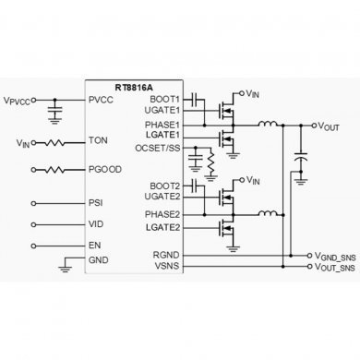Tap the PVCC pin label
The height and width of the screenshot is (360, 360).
101,101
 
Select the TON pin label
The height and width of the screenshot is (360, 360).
98,142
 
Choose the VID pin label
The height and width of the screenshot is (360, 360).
95,224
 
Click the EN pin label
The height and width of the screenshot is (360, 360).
94,246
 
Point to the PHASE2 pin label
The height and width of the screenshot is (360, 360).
162,214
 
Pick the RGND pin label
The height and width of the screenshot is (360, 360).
167,253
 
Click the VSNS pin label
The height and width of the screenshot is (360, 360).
167,265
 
